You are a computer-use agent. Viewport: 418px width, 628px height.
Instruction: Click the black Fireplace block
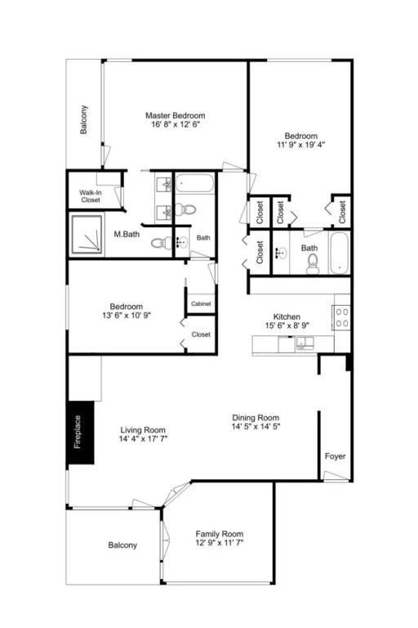[80, 433]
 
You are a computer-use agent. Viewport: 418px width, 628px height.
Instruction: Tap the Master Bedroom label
[176, 116]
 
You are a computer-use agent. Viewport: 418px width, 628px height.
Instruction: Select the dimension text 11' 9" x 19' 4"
[300, 145]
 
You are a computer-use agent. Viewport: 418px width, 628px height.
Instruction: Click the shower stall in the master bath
[87, 235]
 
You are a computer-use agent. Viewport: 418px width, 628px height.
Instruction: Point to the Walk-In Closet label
[91, 196]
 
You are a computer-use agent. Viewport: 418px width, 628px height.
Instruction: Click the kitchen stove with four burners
[341, 317]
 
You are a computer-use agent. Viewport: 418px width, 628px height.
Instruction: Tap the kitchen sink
[305, 343]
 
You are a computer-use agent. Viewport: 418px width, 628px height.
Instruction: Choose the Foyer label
[336, 456]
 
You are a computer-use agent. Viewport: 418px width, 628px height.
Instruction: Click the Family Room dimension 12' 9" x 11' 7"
[219, 543]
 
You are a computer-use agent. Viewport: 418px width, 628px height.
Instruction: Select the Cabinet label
[201, 303]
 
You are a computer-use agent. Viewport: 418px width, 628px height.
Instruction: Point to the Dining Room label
[256, 418]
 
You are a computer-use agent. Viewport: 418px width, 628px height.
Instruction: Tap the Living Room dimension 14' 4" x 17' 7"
[143, 439]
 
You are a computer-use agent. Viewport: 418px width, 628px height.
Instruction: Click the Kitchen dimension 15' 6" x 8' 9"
[287, 325]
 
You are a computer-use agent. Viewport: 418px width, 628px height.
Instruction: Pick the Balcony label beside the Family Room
[122, 545]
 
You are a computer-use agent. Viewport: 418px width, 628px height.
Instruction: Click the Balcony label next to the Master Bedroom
[83, 119]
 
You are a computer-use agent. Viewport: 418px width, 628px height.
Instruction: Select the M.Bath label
[127, 235]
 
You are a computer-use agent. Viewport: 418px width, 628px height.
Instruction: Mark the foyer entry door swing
[336, 476]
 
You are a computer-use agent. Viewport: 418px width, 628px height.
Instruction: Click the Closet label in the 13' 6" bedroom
[201, 334]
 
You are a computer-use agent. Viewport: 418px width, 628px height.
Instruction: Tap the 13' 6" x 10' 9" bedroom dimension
[127, 316]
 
